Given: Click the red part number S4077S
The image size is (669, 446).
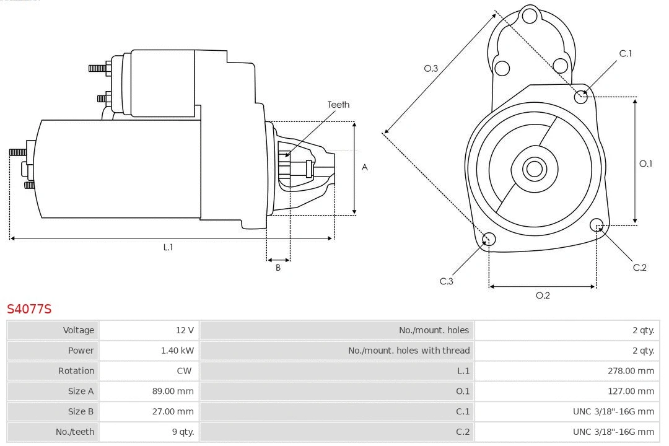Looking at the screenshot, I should (x=29, y=308).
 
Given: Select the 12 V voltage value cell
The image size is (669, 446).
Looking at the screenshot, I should (x=185, y=330).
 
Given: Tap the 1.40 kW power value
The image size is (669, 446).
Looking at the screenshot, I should (x=177, y=351).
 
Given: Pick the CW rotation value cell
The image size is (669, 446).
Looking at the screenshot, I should (x=185, y=371).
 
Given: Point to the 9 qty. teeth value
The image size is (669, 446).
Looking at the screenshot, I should (x=183, y=432).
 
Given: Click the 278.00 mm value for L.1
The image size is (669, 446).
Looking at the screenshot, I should (x=631, y=371).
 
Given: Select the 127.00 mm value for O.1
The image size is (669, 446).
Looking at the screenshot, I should (x=631, y=391).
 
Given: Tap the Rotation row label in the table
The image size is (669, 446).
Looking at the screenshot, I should (x=76, y=371).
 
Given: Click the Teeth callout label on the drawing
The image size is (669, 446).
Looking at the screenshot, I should (x=338, y=105).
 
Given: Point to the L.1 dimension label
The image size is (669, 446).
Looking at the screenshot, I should (x=168, y=247).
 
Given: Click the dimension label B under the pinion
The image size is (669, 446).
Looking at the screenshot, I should (x=278, y=268).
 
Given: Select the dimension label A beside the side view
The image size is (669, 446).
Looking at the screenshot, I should (x=365, y=167).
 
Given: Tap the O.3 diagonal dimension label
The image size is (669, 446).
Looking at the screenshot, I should (x=431, y=68).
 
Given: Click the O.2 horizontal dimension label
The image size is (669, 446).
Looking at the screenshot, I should (x=543, y=295).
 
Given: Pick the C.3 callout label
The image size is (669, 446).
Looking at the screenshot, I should (x=447, y=281).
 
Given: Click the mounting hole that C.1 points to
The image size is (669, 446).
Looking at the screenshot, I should (x=581, y=97).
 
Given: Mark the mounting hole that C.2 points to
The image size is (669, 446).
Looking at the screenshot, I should (x=597, y=224).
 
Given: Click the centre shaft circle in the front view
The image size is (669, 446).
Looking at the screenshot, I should (x=533, y=168).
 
